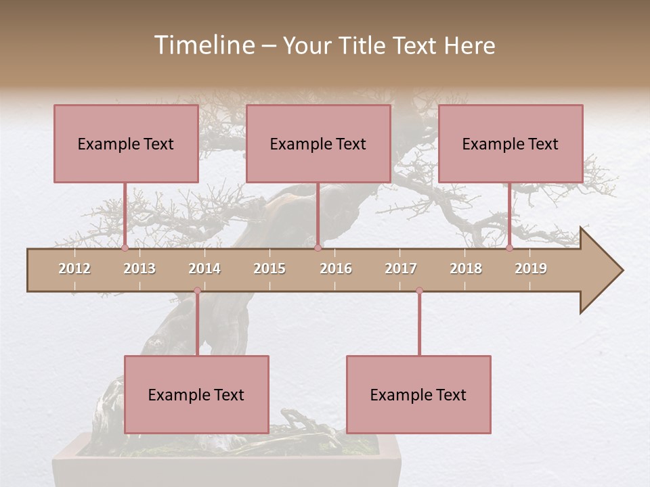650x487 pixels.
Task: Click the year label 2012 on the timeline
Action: point(74,269)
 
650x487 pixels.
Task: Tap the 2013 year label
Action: point(139,269)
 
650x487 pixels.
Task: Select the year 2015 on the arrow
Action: point(269,269)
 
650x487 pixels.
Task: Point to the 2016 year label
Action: point(336,269)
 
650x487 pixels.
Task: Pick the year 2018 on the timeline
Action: point(466,269)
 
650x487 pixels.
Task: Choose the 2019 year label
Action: point(531,269)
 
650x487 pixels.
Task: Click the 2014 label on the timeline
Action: point(204,269)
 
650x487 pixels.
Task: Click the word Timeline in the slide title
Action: point(203,45)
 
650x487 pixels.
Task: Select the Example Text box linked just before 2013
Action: point(126,143)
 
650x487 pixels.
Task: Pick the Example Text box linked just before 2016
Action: point(318,143)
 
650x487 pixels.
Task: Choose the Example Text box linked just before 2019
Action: point(511,143)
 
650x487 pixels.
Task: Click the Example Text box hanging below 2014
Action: point(196,394)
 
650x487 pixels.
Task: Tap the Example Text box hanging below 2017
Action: point(418,394)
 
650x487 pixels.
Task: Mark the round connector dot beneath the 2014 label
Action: point(197,291)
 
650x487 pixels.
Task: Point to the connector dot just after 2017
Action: point(419,291)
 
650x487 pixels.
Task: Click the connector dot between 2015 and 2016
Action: point(318,248)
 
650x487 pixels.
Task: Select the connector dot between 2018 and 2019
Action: point(510,248)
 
